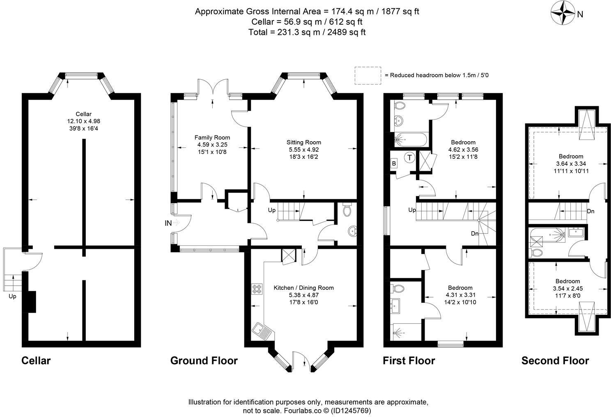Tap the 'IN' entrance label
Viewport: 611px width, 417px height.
168,223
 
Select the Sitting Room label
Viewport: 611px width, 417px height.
303,142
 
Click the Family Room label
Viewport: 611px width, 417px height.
212,137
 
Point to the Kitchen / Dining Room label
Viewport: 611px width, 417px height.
303,288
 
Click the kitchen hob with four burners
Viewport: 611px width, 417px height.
257,289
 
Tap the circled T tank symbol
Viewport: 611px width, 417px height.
409,157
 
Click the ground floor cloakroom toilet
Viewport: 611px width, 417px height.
347,210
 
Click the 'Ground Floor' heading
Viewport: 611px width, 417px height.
204,360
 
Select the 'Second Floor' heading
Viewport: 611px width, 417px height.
555,360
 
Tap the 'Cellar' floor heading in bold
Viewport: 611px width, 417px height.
36,360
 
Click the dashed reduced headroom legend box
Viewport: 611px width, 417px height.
368,76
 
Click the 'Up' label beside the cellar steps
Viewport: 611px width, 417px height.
12,296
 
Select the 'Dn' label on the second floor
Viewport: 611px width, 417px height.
590,211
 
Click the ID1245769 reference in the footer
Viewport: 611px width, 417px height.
351,410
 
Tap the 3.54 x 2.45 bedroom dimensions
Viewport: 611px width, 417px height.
567,288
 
